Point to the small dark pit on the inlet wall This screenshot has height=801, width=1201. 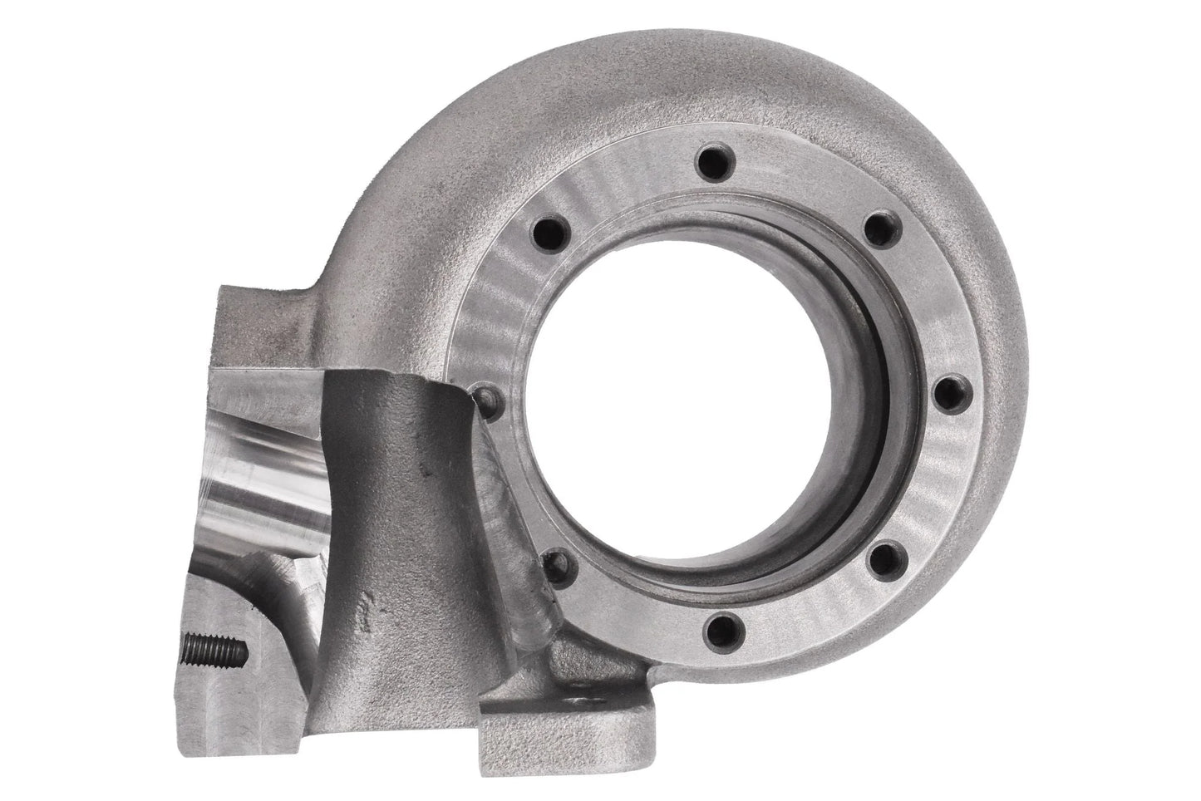(426, 471)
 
